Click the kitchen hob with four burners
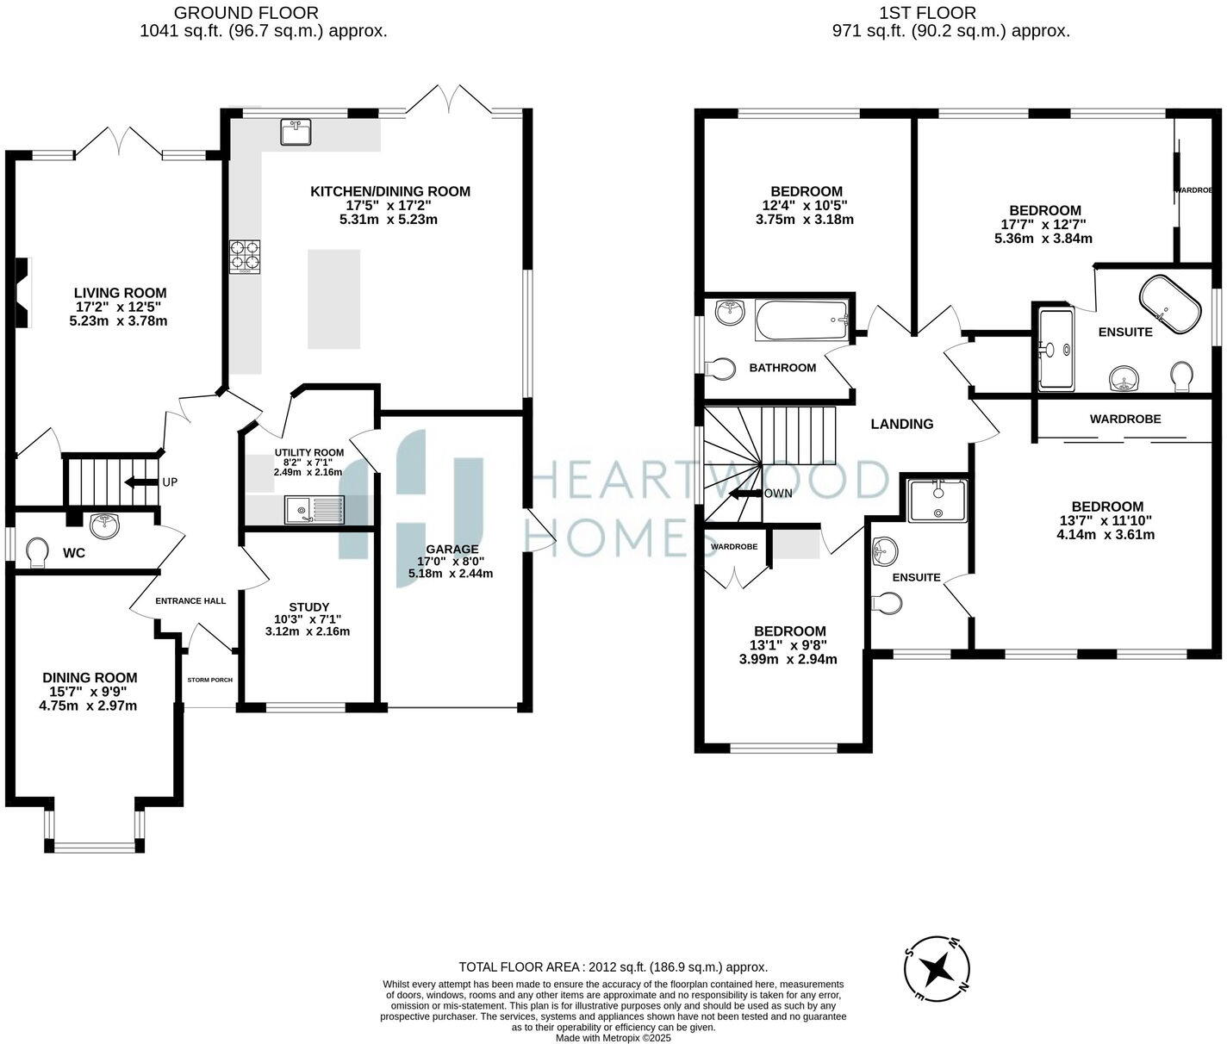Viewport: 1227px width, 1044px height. click(245, 256)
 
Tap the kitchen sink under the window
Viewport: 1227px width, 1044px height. click(296, 133)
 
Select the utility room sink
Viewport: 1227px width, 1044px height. click(315, 511)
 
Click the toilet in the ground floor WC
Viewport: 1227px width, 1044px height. click(38, 552)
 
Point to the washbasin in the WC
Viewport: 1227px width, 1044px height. click(105, 525)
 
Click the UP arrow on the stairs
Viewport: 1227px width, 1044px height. click(140, 482)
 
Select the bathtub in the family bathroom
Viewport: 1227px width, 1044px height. click(801, 320)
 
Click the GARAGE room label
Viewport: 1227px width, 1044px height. click(452, 549)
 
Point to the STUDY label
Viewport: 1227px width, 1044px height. click(308, 606)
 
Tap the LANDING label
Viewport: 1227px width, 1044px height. click(901, 424)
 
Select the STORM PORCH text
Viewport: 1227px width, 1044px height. click(209, 680)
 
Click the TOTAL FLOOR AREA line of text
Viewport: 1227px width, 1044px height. click(613, 967)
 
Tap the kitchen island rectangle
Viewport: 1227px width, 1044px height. click(333, 299)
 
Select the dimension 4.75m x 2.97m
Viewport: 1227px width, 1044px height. click(88, 705)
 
